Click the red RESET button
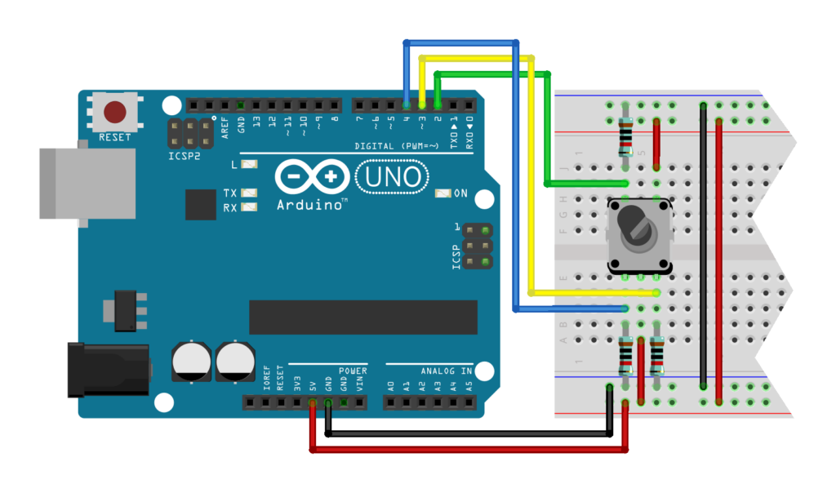[115, 112]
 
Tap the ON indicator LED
[443, 193]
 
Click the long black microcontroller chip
[362, 318]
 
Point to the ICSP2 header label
[184, 154]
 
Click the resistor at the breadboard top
[626, 135]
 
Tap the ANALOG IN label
[447, 371]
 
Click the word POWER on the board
[353, 370]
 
